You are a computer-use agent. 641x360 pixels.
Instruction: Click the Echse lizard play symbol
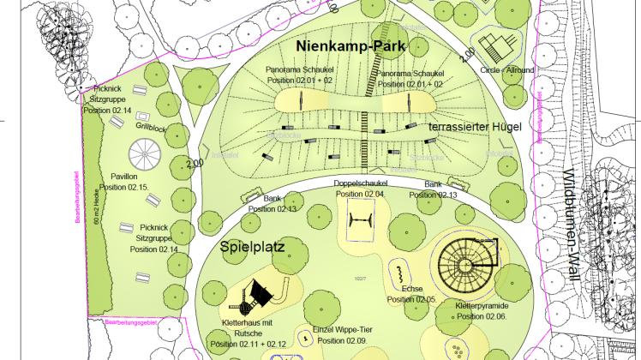point(399,274)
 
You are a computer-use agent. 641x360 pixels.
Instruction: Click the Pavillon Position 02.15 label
point(124,180)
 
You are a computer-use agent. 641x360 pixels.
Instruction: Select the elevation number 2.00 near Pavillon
point(194,160)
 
